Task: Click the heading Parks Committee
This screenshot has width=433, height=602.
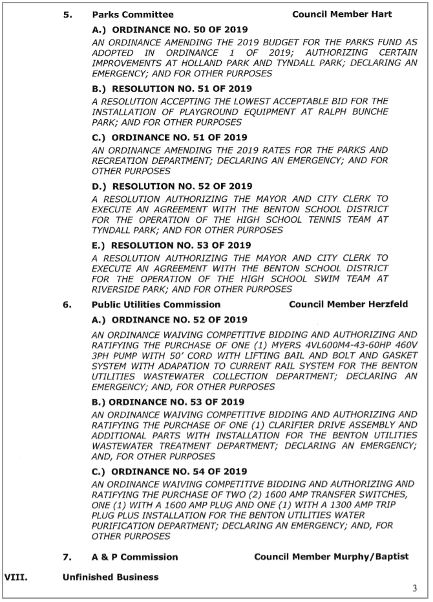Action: [132, 14]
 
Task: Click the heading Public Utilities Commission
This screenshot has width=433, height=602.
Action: [156, 304]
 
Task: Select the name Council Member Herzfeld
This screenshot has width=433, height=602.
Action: [348, 304]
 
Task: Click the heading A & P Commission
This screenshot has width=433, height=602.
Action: [134, 557]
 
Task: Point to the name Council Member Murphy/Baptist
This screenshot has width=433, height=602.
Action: [331, 557]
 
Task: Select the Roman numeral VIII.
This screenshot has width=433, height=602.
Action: [16, 577]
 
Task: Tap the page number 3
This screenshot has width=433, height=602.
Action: [414, 588]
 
